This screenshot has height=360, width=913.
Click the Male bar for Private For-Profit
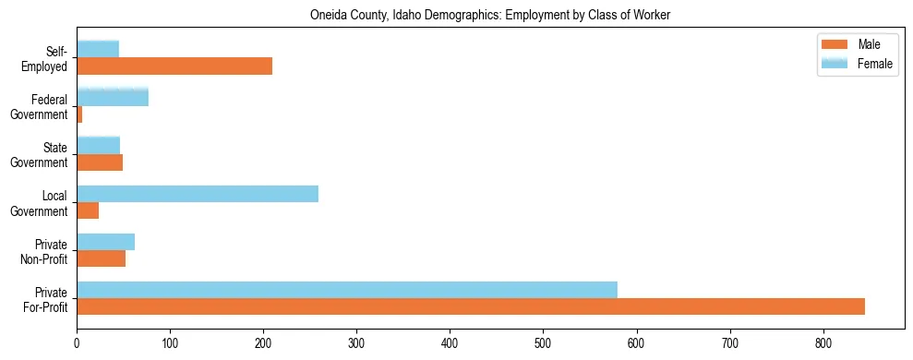pos(471,306)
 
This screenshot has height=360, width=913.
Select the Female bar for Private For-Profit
pos(347,290)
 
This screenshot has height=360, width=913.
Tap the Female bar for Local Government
pos(198,194)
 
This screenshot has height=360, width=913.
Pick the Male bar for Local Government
pos(88,210)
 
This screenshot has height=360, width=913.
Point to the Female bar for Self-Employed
pos(98,50)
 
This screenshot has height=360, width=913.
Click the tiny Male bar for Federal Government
pos(79,114)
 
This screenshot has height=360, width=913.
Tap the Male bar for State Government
pos(100,162)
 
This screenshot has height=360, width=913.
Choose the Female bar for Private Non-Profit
pos(105,242)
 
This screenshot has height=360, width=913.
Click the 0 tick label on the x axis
pos(77,344)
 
